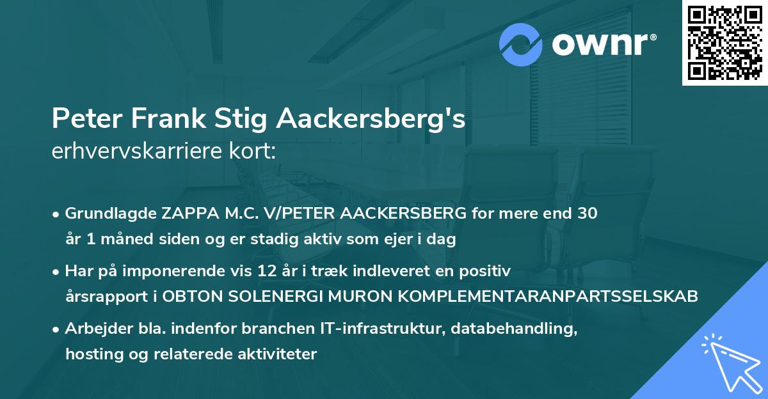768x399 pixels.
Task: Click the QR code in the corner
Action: point(724,42)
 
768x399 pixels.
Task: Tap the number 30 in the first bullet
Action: point(588,214)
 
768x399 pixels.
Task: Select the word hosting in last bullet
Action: point(89,354)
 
